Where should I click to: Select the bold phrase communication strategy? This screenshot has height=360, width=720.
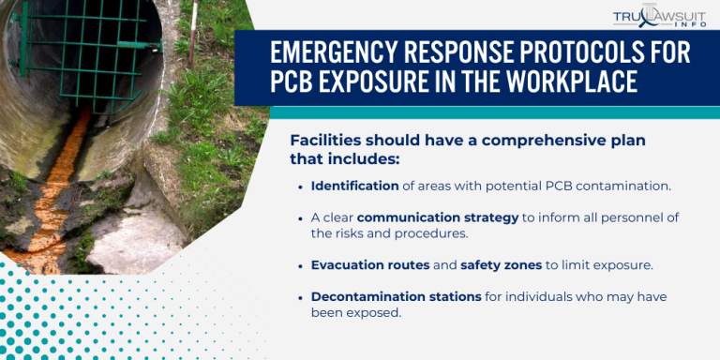(x=438, y=217)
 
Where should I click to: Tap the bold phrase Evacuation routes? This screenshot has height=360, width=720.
(x=370, y=264)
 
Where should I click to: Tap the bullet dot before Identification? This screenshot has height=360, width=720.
(x=300, y=186)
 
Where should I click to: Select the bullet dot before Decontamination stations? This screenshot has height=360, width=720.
(x=300, y=298)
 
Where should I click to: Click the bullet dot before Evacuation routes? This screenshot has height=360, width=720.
(x=300, y=265)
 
